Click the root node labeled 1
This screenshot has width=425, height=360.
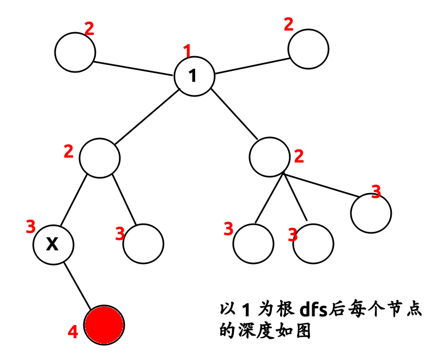[x=194, y=76]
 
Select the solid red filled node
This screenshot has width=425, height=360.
[x=105, y=325]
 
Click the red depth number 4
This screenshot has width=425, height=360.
[x=73, y=332]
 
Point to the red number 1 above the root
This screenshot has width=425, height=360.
[x=188, y=52]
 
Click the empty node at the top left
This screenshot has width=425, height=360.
[x=75, y=52]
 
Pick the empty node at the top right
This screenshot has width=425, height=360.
[x=308, y=50]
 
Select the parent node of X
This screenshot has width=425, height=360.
[x=100, y=158]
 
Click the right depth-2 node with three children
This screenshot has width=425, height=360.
[x=269, y=157]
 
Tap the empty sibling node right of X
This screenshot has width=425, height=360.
[x=143, y=244]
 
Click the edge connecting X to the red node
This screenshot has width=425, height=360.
[x=79, y=285]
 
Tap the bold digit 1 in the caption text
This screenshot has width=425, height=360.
[x=245, y=310]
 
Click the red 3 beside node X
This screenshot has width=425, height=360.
[x=31, y=226]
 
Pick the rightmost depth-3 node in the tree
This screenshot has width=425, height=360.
[x=371, y=213]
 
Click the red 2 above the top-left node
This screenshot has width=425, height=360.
[x=89, y=28]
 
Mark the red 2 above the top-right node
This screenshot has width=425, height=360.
[x=289, y=25]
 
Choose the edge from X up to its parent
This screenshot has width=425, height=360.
[x=74, y=200]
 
